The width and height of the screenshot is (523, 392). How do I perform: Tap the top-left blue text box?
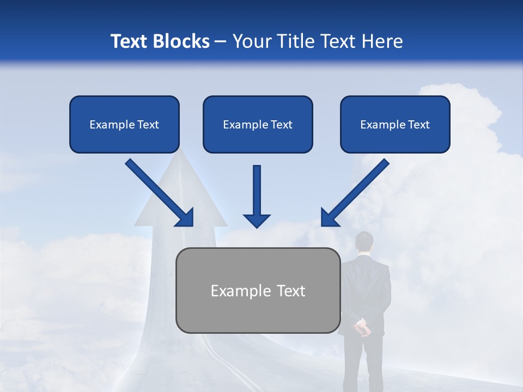pos(124,124)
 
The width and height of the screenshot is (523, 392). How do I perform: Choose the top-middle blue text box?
pos(258,124)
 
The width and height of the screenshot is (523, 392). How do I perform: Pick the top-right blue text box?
pos(395,124)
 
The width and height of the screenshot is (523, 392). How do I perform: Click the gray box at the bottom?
pos(258,290)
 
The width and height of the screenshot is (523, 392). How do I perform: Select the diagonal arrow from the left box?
pos(160,193)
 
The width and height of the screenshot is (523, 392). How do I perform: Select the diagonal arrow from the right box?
pos(355,193)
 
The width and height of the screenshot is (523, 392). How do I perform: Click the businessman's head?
pos(364,243)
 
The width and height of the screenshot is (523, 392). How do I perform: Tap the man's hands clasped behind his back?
pos(362,328)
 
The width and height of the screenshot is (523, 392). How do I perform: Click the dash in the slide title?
pos(221,41)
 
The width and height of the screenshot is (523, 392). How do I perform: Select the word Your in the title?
pos(252,41)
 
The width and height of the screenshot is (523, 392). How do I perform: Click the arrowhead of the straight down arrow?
pos(257,220)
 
